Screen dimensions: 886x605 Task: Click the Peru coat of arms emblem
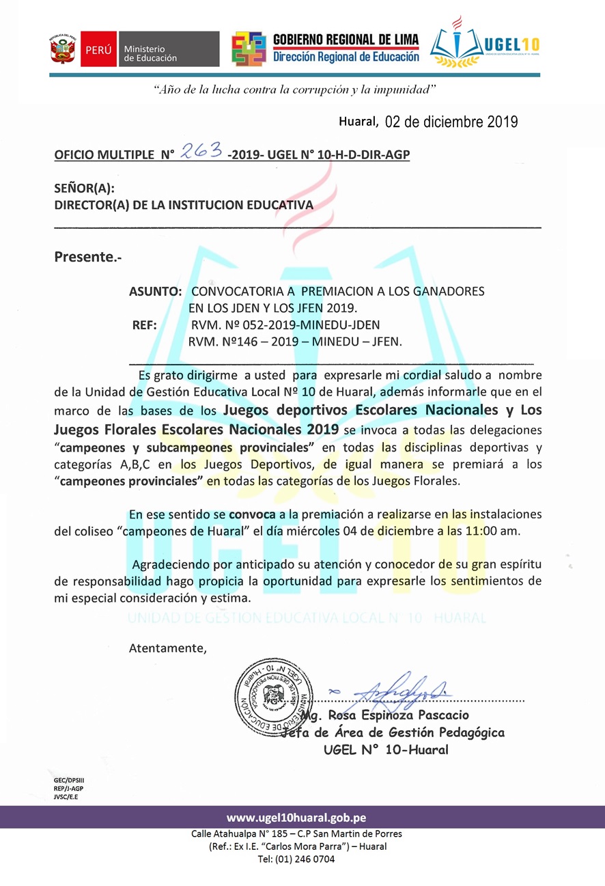click(62, 49)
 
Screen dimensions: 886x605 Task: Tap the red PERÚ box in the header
click(98, 49)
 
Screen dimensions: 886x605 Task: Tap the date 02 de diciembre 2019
click(451, 122)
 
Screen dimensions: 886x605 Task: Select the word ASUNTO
click(154, 291)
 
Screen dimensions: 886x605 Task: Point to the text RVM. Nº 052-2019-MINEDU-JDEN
click(285, 324)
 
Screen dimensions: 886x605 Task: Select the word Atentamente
click(167, 648)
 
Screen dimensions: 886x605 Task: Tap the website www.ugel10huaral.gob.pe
click(296, 818)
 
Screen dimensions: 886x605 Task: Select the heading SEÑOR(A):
click(84, 189)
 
